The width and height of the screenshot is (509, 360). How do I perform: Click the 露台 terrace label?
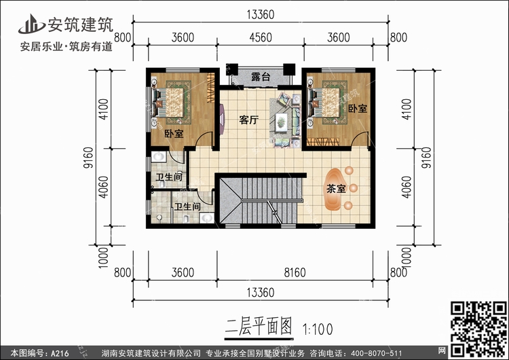click(261, 77)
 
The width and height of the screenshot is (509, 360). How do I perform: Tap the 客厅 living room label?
click(249, 120)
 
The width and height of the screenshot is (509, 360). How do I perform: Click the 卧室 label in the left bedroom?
click(174, 134)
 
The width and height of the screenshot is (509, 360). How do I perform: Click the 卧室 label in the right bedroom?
click(358, 109)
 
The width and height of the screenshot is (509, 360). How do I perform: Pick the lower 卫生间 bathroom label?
click(187, 206)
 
